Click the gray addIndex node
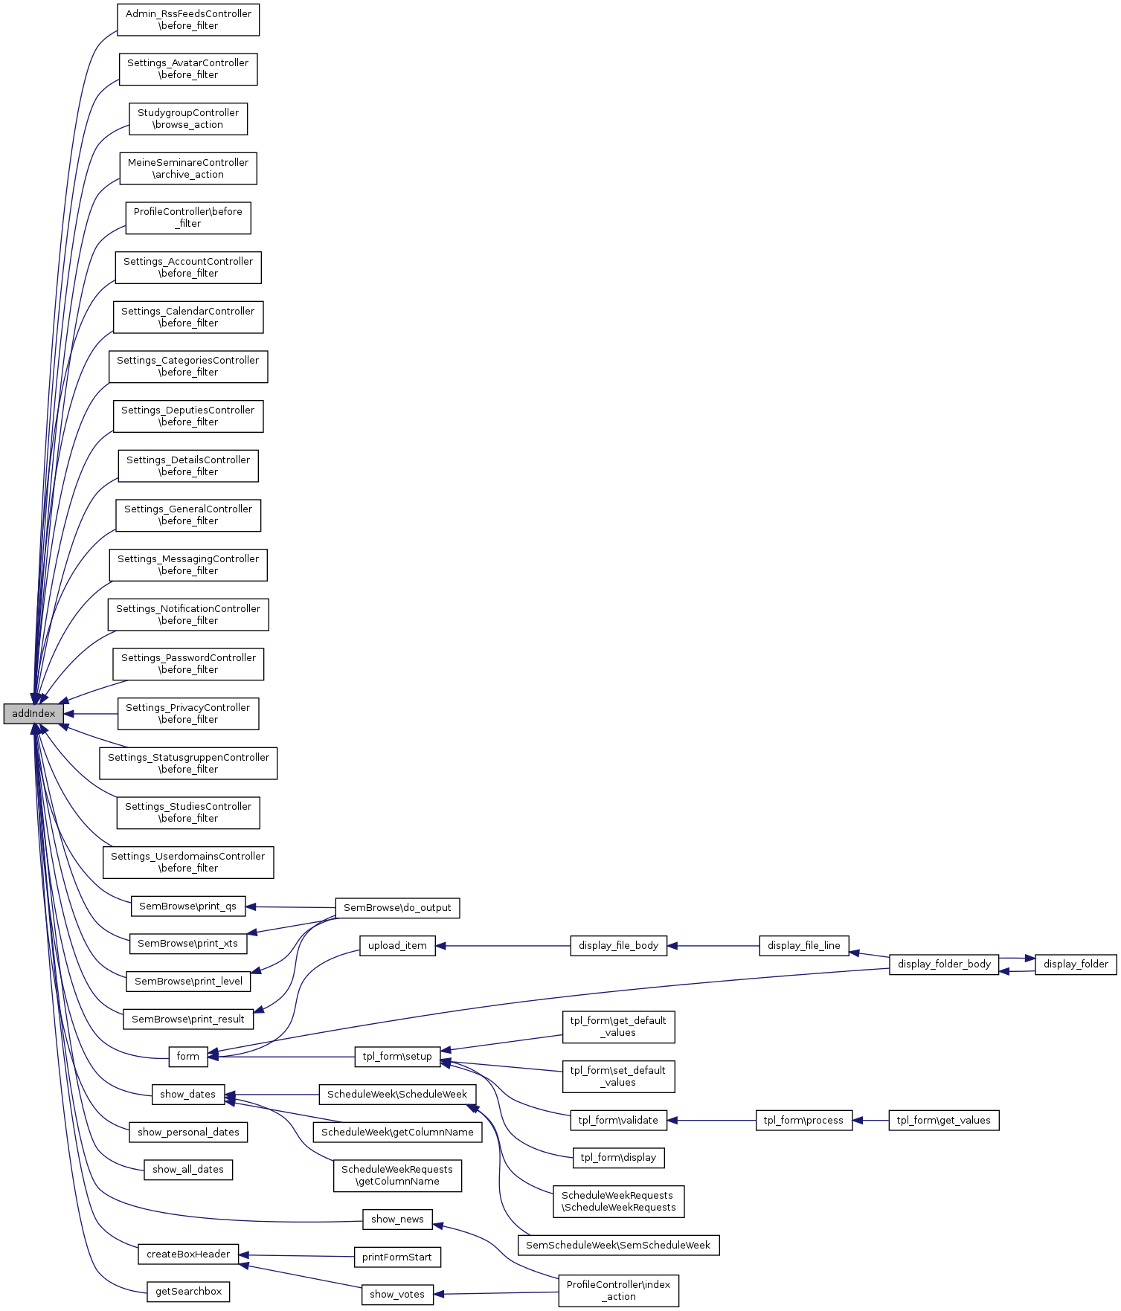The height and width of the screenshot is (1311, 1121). point(33,714)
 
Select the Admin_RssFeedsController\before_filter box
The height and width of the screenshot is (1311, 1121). point(188,20)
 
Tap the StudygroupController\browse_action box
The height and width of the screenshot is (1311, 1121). point(188,119)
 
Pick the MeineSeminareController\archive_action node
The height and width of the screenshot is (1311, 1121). point(188,169)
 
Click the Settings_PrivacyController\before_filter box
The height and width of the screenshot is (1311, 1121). point(188,714)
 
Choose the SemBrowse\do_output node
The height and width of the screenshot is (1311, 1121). point(397,908)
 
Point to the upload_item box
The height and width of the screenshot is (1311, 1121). point(397,946)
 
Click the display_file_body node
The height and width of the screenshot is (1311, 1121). point(618,946)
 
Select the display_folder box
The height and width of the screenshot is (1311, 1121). point(1076,964)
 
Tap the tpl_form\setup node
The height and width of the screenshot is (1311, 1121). point(397,1057)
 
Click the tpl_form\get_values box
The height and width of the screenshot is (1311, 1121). point(943,1121)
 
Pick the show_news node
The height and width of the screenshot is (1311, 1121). point(397,1220)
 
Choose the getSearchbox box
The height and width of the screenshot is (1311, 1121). point(188,1292)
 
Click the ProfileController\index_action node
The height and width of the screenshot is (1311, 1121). point(618,1291)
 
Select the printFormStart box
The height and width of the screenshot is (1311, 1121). point(397,1257)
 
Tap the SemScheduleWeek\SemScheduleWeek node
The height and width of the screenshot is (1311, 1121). point(618,1246)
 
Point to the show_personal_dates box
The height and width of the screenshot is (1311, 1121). point(188,1133)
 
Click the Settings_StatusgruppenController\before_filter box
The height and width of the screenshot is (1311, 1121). point(188,764)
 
